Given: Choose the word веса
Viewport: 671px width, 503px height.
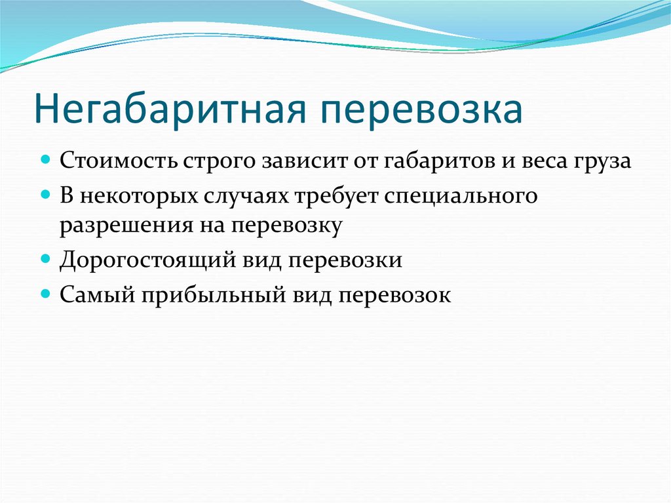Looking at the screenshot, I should [543, 161].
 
